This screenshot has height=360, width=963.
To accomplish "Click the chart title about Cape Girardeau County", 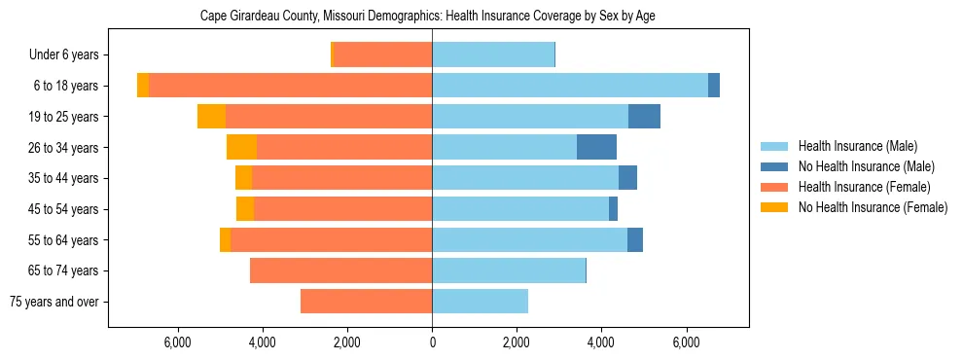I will click(x=428, y=17).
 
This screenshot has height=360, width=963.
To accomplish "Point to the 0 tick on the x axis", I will click(x=432, y=342).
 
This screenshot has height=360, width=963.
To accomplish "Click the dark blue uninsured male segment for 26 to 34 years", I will click(x=596, y=147).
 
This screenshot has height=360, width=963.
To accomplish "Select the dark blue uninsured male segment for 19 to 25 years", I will click(x=644, y=117).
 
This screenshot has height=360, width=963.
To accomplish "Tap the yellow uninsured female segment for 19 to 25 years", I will click(x=211, y=117).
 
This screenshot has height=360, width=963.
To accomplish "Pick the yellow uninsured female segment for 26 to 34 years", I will click(x=241, y=147).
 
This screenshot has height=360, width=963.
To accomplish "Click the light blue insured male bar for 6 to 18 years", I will click(x=570, y=86).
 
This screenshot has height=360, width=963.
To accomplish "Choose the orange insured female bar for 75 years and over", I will click(x=366, y=302).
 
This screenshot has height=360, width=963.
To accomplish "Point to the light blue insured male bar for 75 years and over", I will click(x=480, y=302).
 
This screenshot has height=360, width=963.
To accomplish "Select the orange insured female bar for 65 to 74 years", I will click(x=340, y=270).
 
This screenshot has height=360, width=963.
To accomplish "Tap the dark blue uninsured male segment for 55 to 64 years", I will click(x=635, y=239).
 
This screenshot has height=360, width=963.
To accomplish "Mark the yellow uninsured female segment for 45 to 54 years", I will click(x=245, y=209).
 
